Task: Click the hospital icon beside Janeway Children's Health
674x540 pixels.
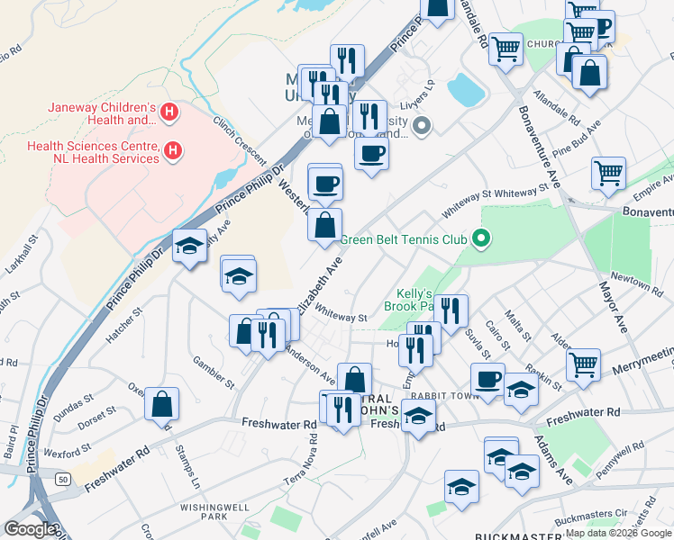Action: [168, 113]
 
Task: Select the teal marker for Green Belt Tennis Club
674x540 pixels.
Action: [481, 238]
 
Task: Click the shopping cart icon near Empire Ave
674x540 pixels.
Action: [609, 172]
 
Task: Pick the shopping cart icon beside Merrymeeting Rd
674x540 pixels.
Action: [584, 364]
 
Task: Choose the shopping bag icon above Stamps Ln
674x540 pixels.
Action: [162, 403]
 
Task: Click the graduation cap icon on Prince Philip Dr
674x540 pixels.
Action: [189, 247]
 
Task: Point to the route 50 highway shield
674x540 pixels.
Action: [62, 480]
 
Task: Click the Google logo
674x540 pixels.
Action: [30, 529]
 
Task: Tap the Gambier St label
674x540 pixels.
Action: [214, 372]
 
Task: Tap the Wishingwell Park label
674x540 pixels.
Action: [201, 511]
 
